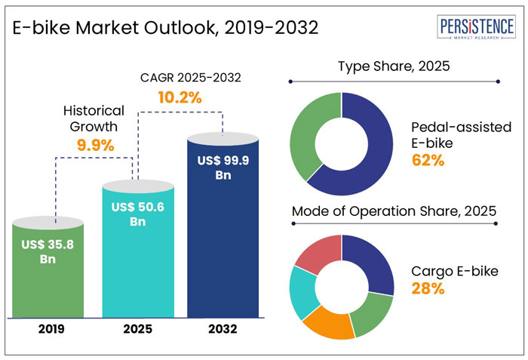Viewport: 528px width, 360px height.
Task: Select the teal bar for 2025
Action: pos(137,249)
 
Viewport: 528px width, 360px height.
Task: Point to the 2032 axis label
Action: pos(222,329)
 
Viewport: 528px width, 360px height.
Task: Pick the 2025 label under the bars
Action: pos(137,329)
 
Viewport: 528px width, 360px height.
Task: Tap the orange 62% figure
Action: pos(427,160)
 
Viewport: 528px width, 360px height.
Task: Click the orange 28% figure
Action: pos(427,288)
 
